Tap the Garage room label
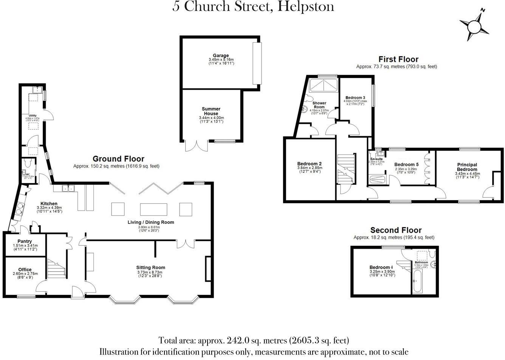tap(221, 56)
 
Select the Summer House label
tap(211, 111)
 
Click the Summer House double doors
tap(197, 146)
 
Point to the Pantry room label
tap(25, 241)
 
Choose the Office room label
tap(25, 270)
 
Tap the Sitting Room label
tap(151, 268)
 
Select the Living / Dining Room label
tap(151, 222)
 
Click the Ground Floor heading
tap(118, 159)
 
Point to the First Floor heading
tap(398, 59)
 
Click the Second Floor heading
tap(396, 230)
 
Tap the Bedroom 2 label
tap(310, 164)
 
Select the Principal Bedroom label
tap(467, 167)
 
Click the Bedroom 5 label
tap(406, 164)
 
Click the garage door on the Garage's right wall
tap(257, 63)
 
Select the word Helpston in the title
tap(306, 6)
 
